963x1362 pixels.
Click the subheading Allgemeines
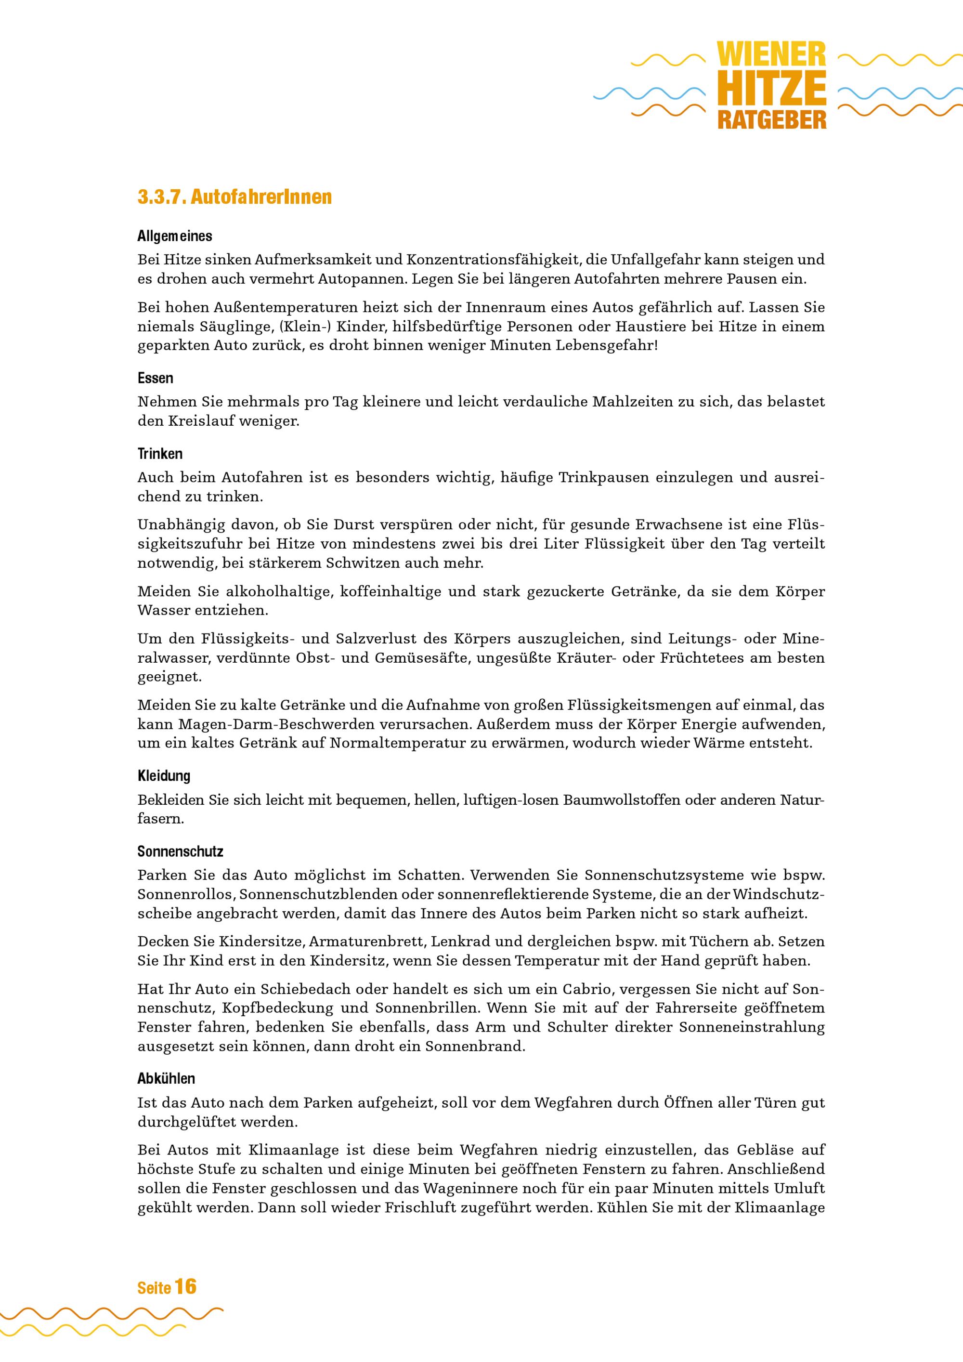click(174, 236)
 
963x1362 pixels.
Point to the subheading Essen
click(156, 379)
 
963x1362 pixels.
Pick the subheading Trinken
click(160, 454)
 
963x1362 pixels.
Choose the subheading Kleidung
click(164, 776)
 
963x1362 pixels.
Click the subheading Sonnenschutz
click(180, 852)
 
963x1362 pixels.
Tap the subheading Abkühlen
click(166, 1078)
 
